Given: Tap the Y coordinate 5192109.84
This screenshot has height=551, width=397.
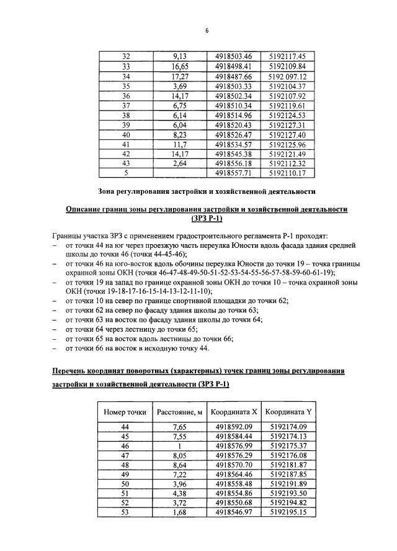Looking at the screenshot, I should pyautogui.click(x=287, y=66).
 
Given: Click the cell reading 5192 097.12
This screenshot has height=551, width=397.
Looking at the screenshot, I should pyautogui.click(x=287, y=76).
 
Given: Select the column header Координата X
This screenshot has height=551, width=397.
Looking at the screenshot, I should pyautogui.click(x=233, y=411).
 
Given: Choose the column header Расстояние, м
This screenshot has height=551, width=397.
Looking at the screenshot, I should pyautogui.click(x=180, y=411).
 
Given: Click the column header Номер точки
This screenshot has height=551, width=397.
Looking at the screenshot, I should pyautogui.click(x=125, y=411).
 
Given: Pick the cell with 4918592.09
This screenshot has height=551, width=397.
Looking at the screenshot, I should pyautogui.click(x=233, y=427).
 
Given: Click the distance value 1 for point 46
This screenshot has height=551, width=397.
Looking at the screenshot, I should pyautogui.click(x=180, y=446).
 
